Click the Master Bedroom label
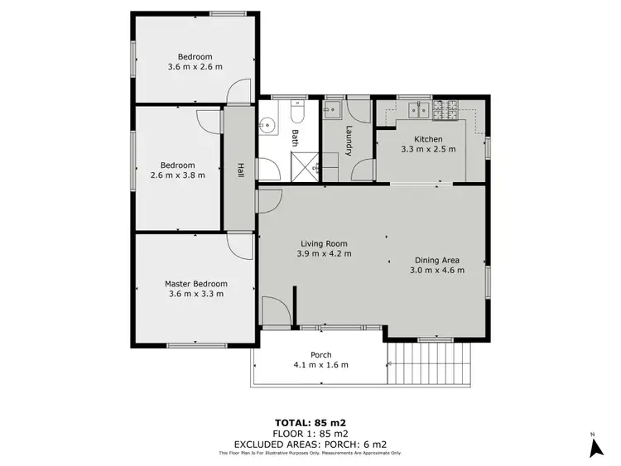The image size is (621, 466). click(195, 284)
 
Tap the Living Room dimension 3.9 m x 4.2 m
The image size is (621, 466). click(323, 255)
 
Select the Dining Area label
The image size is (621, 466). click(438, 259)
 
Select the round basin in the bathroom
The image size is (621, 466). click(267, 126)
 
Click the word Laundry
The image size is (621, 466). click(349, 140)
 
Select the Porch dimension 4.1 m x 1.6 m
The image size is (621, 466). click(321, 364)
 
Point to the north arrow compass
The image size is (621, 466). click(594, 447)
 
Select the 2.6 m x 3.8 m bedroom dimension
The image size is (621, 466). click(178, 175)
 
